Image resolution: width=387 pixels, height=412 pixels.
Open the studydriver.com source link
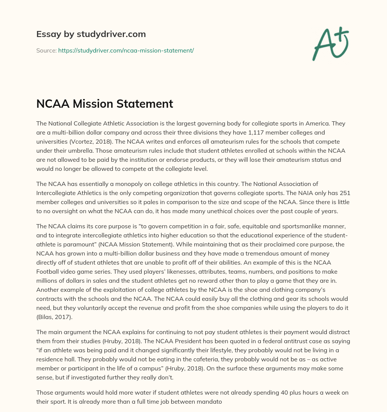[x=126, y=50]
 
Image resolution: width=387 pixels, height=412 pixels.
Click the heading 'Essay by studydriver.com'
[x=91, y=34]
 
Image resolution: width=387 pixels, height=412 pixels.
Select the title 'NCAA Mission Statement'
[x=104, y=104]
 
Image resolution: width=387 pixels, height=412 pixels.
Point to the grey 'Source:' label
[x=46, y=50]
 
